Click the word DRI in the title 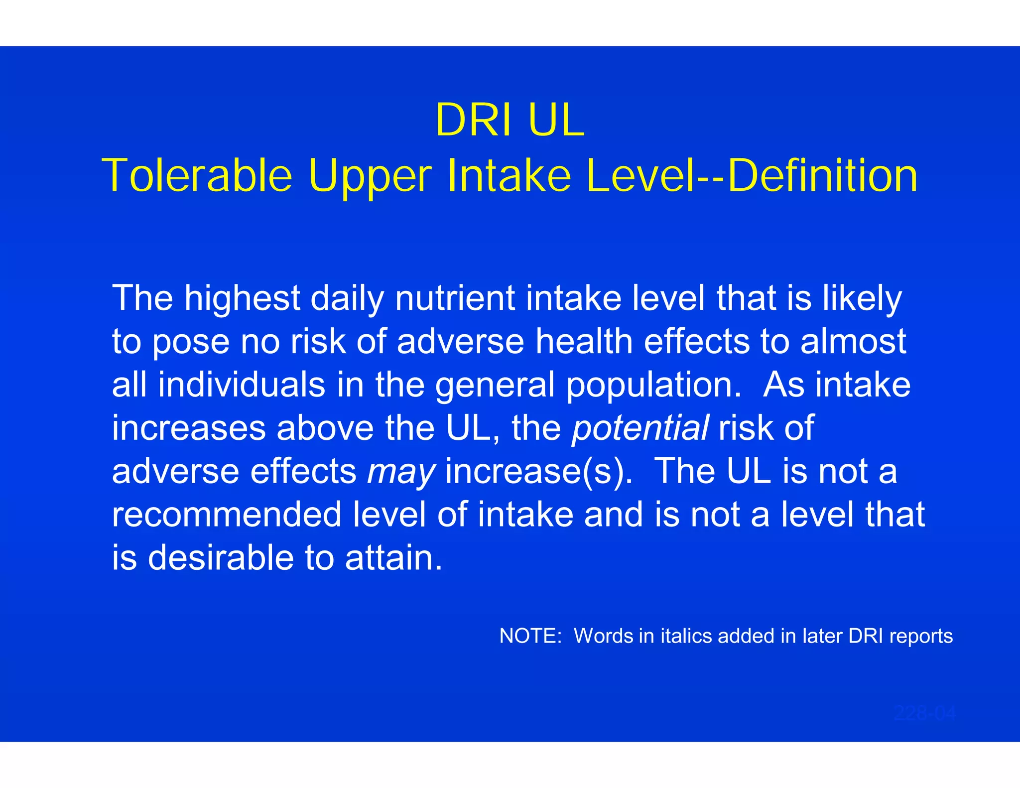(474, 120)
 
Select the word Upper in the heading (370, 176)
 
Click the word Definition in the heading (822, 175)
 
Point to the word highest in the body (242, 298)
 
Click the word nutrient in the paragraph (455, 298)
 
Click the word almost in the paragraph (853, 341)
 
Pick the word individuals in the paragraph (242, 385)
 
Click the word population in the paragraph (654, 386)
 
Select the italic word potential (640, 428)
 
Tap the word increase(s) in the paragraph (539, 471)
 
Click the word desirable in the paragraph (221, 557)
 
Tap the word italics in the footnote (686, 636)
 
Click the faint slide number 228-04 (924, 713)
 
